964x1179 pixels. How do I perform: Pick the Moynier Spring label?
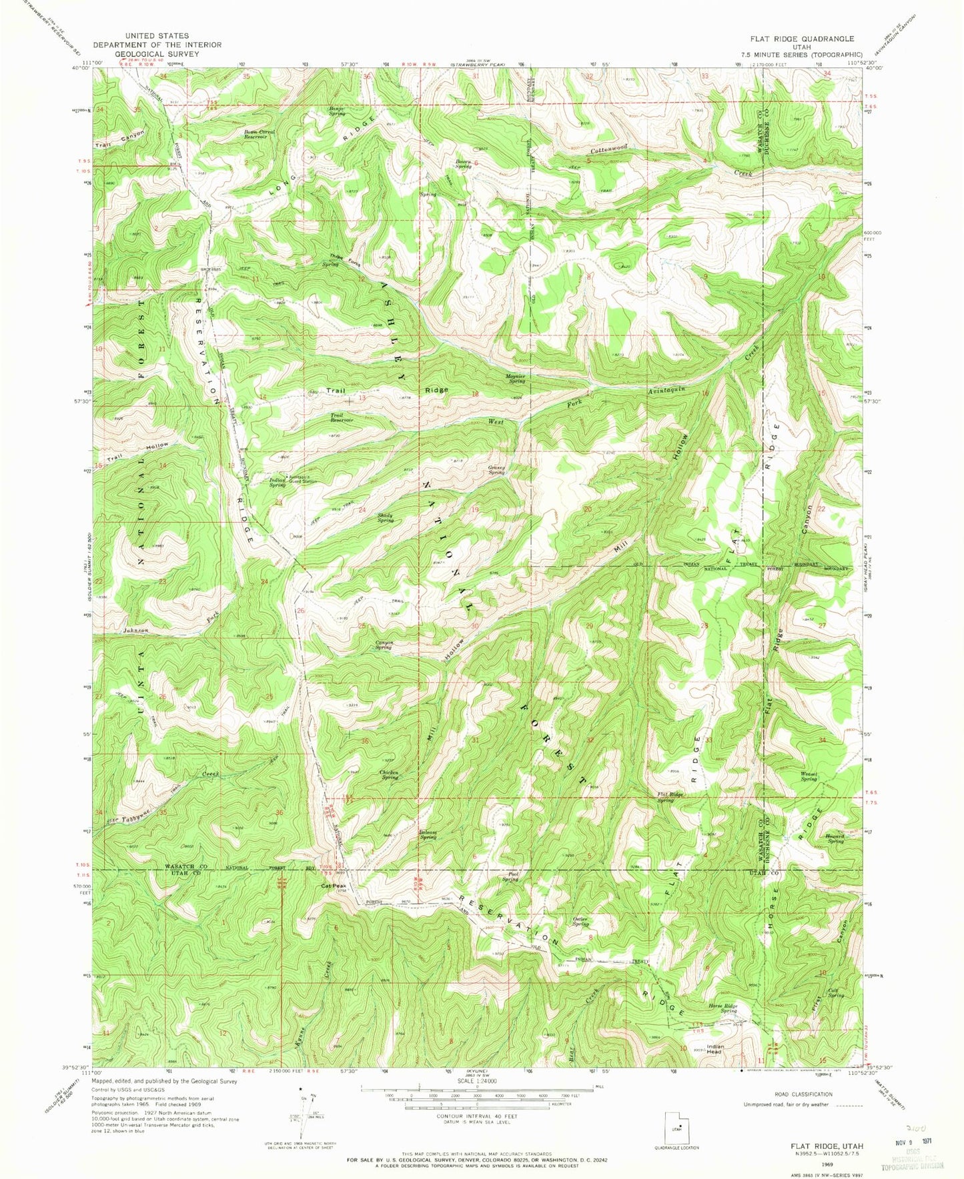coord(517,378)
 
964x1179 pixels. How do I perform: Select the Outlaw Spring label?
coord(580,921)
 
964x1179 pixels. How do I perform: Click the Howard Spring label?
coord(835,838)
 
